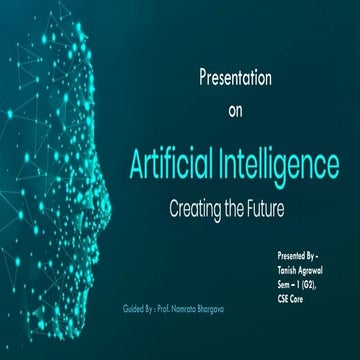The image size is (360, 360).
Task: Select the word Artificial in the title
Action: click(x=177, y=163)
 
